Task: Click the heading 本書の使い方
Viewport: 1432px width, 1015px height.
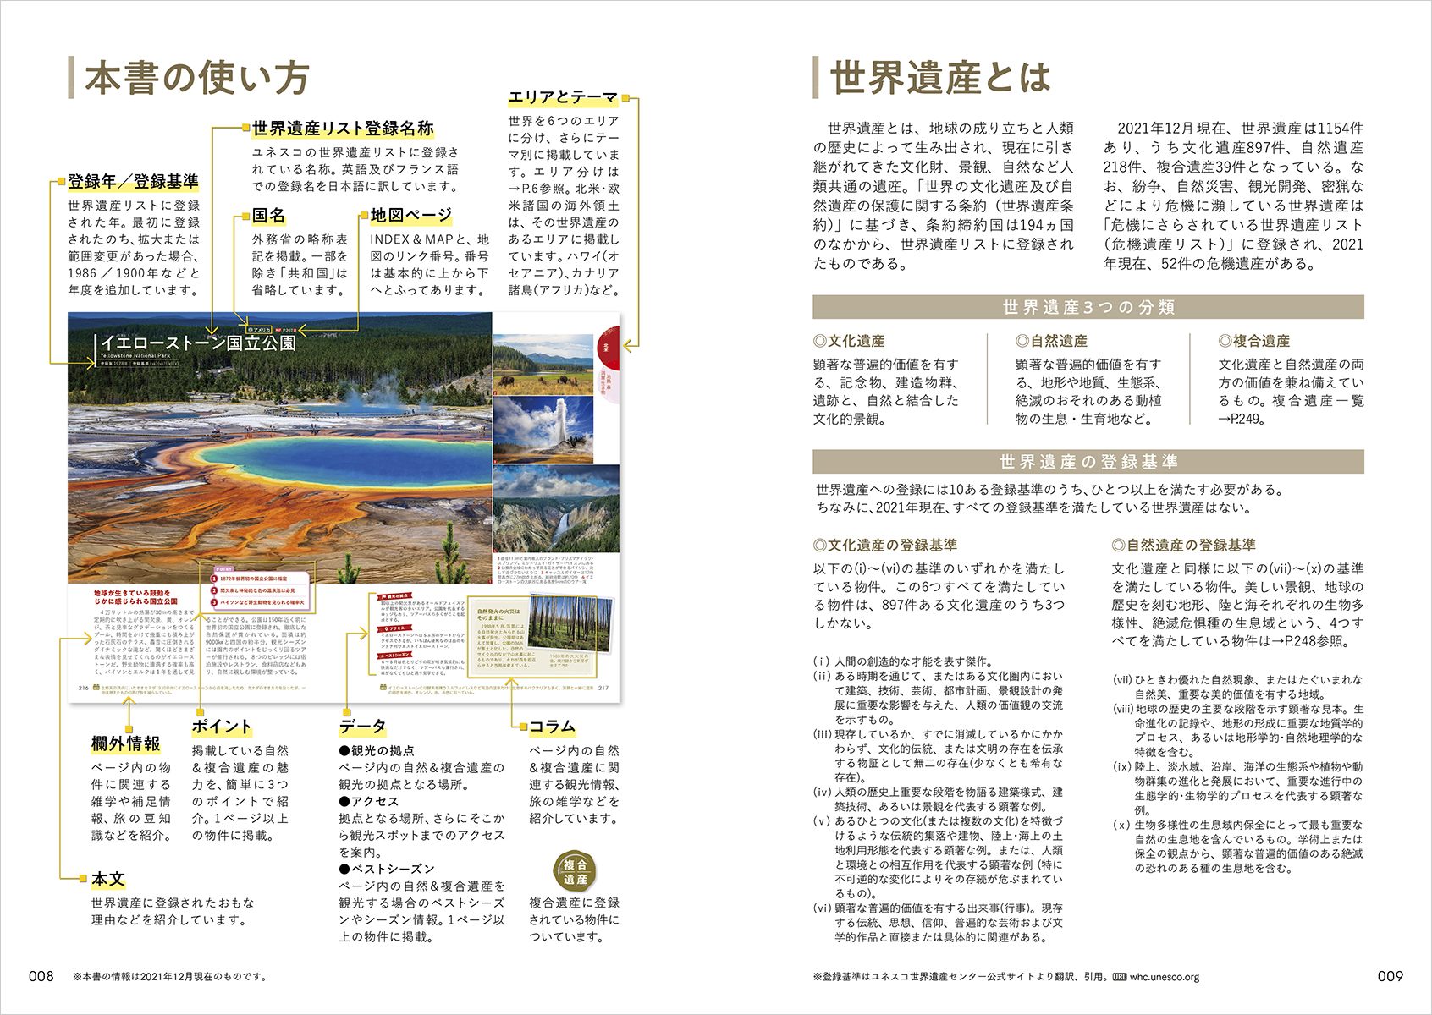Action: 196,78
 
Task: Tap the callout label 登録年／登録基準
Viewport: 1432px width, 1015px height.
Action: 133,182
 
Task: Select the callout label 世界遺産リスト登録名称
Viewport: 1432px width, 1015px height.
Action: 343,129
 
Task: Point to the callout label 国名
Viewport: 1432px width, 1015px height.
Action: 268,216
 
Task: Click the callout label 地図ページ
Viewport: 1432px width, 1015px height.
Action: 411,216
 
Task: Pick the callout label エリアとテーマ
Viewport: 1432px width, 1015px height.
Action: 563,97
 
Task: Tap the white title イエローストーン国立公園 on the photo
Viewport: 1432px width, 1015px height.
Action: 198,343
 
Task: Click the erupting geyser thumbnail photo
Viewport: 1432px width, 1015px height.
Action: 543,429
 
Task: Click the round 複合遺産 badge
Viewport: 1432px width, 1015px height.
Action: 575,872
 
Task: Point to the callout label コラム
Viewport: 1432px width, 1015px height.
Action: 552,727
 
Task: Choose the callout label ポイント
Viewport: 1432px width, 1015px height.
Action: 222,727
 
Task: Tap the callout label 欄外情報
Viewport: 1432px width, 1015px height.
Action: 126,744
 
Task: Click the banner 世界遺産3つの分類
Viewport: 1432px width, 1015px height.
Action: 1088,307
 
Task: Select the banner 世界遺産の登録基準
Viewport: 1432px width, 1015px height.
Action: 1088,462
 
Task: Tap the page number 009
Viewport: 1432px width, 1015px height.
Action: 1391,976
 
